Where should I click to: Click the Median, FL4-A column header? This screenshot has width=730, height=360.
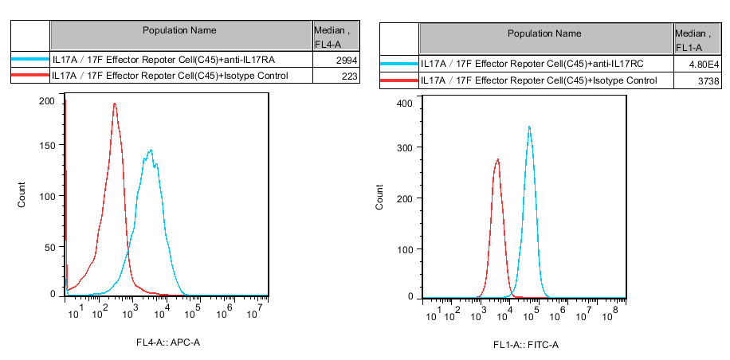coord(335,36)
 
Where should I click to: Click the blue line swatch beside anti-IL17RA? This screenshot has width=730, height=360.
coord(29,60)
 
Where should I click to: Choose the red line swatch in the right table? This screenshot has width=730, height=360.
coord(398,80)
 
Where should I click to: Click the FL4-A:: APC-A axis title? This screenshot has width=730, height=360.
coord(167,342)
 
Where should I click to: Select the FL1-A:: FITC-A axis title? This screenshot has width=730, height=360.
coord(526,346)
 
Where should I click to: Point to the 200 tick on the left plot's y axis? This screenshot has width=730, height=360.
coord(46,100)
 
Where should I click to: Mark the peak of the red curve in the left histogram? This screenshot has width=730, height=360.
coord(115,104)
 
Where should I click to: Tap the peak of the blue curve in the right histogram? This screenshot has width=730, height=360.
coord(529,127)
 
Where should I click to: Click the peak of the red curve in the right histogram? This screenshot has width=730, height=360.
coord(498,159)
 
